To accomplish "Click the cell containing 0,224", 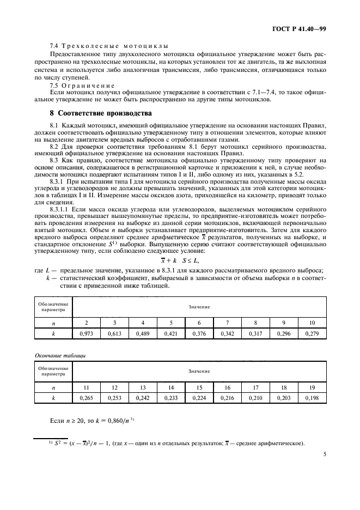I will tap(198, 398).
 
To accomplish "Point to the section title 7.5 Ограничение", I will tap(82, 85).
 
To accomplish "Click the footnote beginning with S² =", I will tap(180, 442).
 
